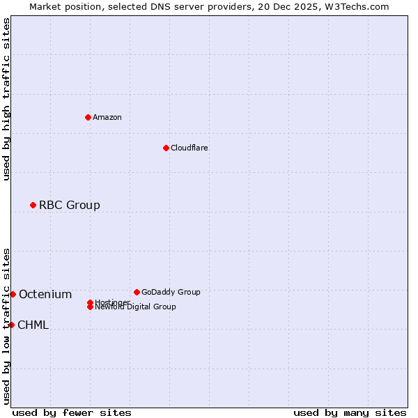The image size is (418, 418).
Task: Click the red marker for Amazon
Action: (88, 117)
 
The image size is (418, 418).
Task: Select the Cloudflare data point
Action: (166, 148)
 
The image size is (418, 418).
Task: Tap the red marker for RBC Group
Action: (33, 205)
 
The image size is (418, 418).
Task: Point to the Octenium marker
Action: (13, 294)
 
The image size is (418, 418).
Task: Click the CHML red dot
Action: (11, 325)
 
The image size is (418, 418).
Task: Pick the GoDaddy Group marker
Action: (137, 292)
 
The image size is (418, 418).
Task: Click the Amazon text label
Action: (107, 117)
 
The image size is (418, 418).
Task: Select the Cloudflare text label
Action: (189, 148)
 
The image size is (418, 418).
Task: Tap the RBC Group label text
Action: (69, 205)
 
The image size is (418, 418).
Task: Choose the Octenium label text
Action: (45, 294)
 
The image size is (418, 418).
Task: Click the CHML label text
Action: (33, 325)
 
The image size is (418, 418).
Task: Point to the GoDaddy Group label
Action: (171, 292)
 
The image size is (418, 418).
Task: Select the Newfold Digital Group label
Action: (136, 307)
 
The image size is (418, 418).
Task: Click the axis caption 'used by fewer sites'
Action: (72, 412)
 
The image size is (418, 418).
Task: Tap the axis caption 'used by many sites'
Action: (350, 412)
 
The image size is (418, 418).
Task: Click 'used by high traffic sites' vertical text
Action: (6, 99)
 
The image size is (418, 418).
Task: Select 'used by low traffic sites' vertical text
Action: (6, 325)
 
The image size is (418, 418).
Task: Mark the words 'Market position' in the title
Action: (63, 6)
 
